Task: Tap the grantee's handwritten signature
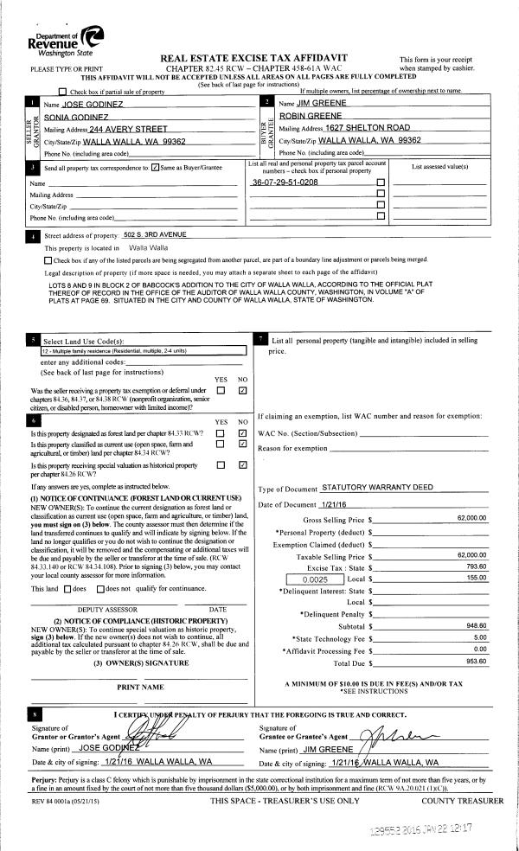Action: (355, 732)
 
